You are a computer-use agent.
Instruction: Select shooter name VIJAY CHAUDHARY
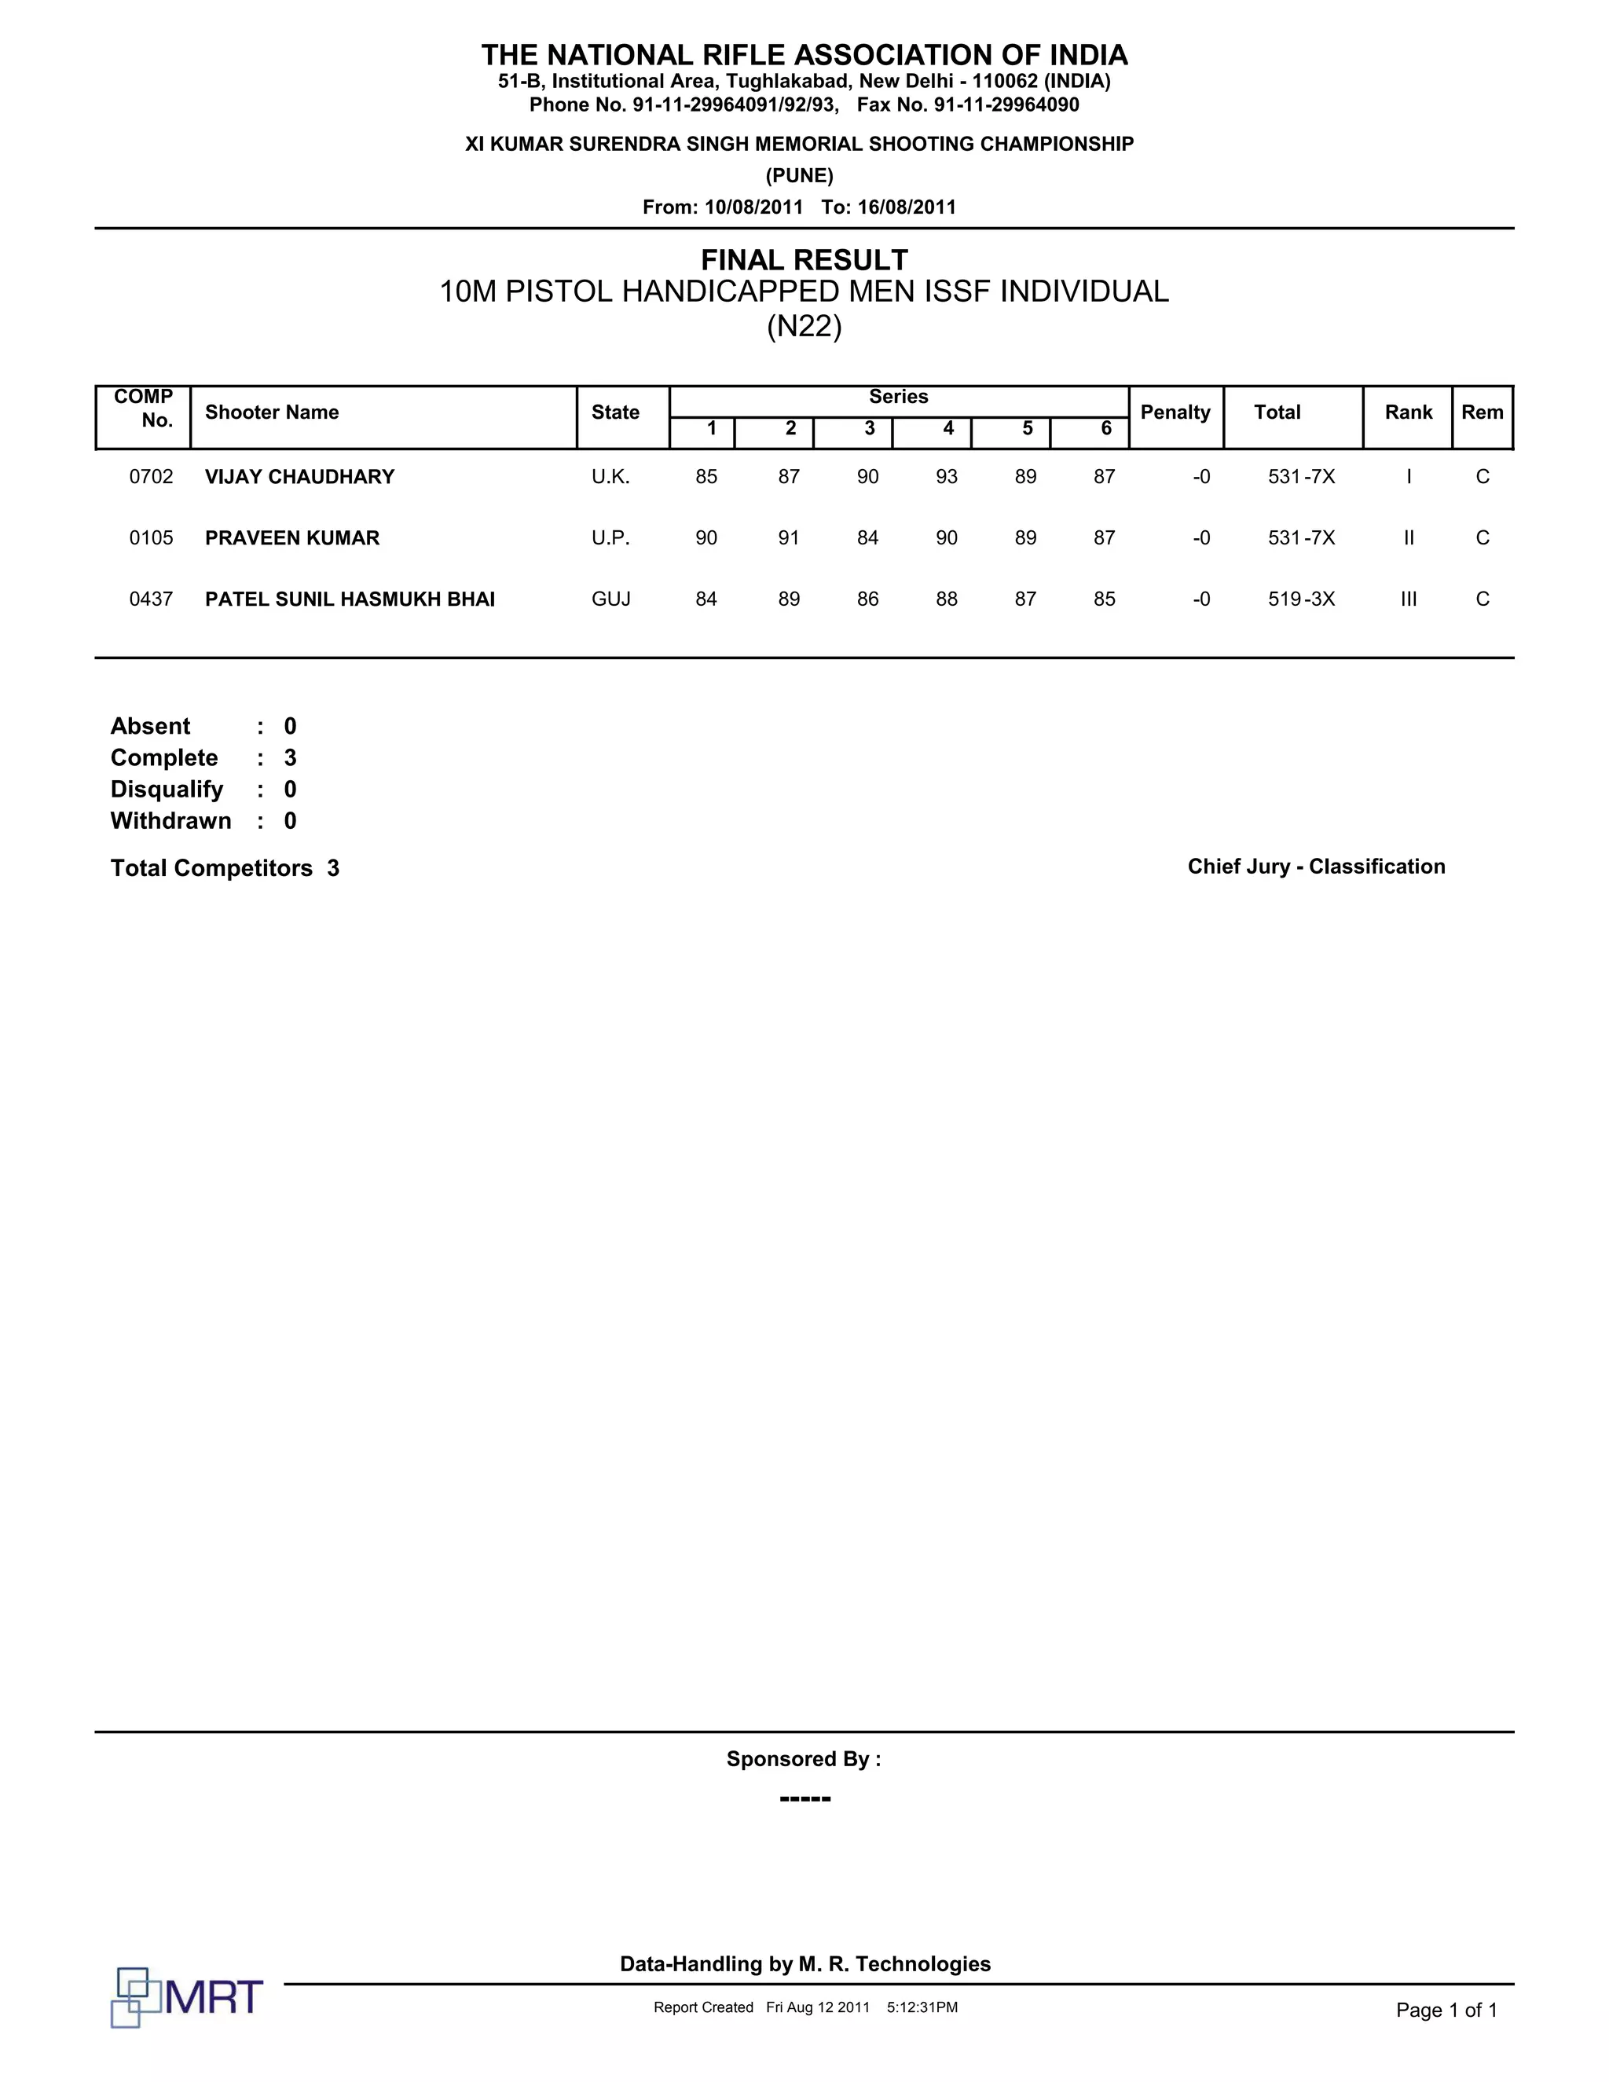tap(299, 477)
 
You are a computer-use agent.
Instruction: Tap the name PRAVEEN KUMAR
tap(291, 537)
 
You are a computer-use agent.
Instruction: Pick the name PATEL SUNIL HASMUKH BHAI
tap(350, 599)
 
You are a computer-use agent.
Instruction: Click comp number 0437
tap(152, 599)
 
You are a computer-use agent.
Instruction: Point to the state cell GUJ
tap(611, 599)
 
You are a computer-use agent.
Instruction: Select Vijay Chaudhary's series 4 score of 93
tap(947, 477)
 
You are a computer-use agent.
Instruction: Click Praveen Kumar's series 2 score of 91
tap(788, 537)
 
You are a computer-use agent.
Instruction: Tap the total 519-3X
tap(1301, 599)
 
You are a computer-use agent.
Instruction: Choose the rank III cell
tap(1408, 599)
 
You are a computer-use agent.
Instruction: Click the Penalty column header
tap(1175, 412)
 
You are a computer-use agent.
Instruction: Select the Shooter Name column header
tap(272, 412)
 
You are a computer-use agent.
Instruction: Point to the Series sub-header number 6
tap(1105, 429)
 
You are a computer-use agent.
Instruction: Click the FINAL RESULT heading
tap(804, 259)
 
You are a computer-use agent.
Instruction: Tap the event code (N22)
tap(804, 327)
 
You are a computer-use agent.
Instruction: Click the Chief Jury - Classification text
tap(1315, 867)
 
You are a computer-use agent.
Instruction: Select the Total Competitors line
tap(225, 868)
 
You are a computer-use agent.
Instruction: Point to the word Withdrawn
tap(170, 821)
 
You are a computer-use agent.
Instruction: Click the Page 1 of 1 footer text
tap(1446, 2011)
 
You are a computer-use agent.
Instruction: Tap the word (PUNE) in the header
tap(800, 175)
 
